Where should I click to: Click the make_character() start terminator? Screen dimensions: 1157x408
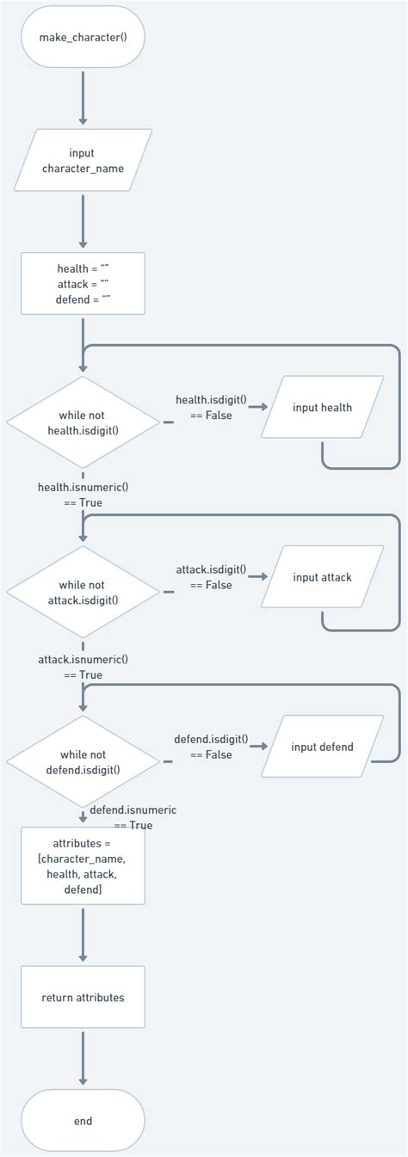(x=83, y=37)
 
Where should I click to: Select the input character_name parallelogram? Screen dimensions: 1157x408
(x=83, y=160)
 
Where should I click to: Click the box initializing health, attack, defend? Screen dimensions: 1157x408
(x=83, y=283)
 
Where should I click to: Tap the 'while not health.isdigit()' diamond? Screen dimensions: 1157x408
(x=83, y=422)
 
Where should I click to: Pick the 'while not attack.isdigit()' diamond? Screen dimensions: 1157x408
(x=83, y=592)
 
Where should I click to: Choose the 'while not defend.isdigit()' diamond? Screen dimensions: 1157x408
(x=83, y=762)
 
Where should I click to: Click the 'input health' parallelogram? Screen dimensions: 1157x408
(x=323, y=408)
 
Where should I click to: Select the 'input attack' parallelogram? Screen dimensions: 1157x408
(x=323, y=577)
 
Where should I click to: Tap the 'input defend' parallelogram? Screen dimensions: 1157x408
(x=323, y=747)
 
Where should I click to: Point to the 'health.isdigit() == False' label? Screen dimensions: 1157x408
(x=211, y=408)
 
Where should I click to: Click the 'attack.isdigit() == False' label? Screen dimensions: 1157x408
(x=211, y=577)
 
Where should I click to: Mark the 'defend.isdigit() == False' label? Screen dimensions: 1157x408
(x=211, y=747)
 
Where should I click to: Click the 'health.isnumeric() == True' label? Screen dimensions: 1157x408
(x=83, y=494)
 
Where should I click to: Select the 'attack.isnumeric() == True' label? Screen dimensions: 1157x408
(x=83, y=667)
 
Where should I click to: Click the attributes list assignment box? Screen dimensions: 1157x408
(x=83, y=866)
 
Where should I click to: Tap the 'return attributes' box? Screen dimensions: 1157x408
(x=83, y=997)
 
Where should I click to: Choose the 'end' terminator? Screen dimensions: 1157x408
(x=83, y=1121)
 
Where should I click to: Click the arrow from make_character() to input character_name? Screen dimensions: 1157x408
(x=83, y=99)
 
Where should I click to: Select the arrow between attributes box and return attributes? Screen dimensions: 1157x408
(x=83, y=934)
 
